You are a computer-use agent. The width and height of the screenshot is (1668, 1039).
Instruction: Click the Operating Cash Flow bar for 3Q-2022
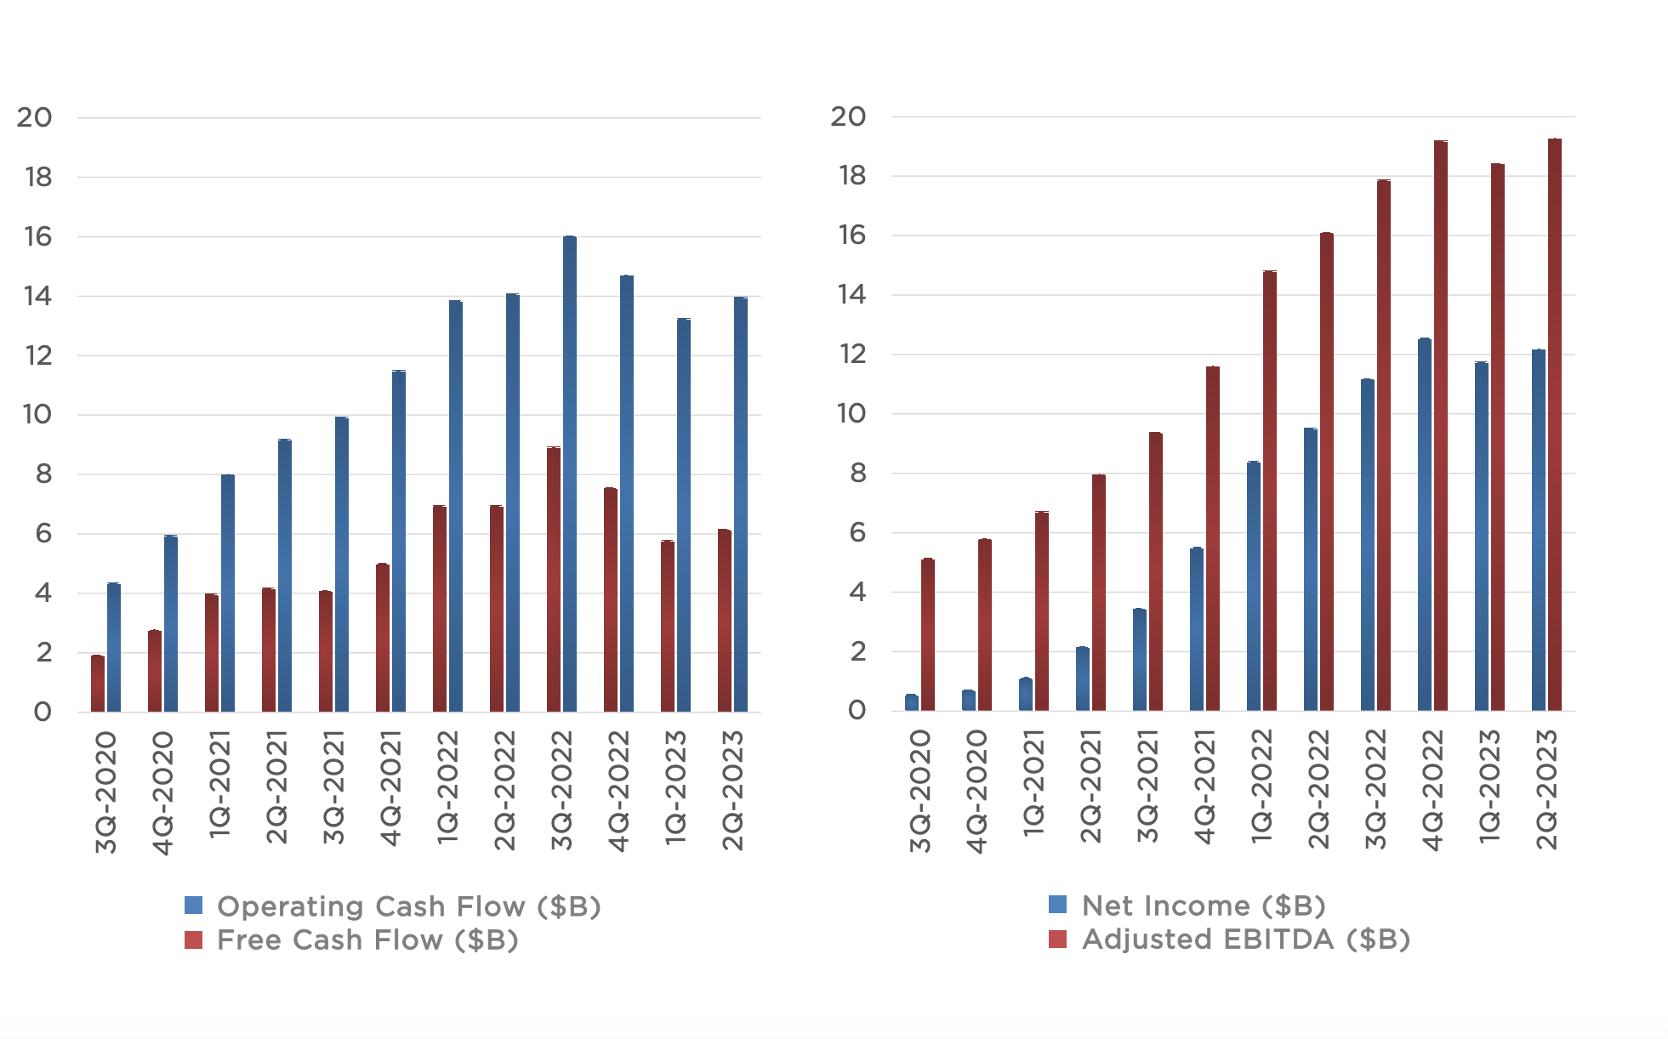569,476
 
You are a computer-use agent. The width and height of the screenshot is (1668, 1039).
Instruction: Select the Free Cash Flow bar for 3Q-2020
98,684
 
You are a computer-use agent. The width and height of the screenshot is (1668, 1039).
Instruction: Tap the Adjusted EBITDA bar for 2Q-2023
1554,425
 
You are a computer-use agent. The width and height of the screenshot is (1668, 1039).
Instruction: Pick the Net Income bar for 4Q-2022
1424,527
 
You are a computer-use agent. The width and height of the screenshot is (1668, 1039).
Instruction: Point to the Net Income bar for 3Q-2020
911,702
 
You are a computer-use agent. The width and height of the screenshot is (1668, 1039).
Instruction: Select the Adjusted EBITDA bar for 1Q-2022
1269,493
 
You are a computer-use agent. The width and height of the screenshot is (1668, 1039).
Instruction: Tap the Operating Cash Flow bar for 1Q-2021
227,595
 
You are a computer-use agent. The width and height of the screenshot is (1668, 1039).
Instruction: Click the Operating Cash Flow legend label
409,906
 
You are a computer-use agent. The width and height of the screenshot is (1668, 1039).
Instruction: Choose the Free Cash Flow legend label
367,940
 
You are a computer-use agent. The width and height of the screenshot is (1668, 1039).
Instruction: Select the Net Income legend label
1204,906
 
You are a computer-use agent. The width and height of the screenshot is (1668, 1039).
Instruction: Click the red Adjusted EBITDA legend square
1057,939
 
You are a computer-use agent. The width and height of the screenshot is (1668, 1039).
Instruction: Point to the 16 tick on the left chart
38,236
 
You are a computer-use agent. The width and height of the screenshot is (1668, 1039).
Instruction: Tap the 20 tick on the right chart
848,116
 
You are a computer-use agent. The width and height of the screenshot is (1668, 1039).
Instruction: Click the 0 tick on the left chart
43,713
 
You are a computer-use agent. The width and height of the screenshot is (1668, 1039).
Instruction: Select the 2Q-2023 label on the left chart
732,791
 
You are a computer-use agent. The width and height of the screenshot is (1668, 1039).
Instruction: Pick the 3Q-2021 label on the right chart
1147,787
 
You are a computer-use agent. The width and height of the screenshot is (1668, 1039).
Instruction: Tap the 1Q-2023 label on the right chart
1489,787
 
